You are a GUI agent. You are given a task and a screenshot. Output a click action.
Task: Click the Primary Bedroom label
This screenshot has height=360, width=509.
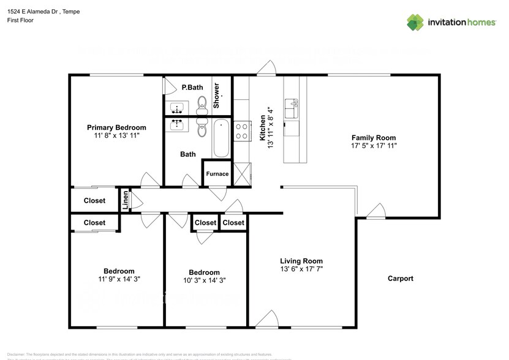[116, 127]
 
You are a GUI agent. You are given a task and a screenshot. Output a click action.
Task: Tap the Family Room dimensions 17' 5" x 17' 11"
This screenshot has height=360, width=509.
[373, 146]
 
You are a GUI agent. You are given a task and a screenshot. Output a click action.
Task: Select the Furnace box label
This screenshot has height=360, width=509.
[217, 174]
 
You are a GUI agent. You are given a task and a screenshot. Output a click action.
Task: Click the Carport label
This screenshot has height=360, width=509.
[401, 279]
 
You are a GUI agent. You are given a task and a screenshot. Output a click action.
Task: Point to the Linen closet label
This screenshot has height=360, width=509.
[126, 201]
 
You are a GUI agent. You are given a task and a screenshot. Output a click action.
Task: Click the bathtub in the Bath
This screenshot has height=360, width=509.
[221, 138]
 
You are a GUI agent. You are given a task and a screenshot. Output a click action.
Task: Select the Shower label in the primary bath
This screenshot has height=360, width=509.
[217, 96]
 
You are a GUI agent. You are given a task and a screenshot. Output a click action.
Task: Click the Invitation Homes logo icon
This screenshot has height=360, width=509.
[416, 22]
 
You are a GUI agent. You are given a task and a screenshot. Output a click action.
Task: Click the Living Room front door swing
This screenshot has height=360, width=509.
[267, 318]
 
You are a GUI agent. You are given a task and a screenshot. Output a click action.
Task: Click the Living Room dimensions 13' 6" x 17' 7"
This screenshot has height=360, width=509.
[301, 269]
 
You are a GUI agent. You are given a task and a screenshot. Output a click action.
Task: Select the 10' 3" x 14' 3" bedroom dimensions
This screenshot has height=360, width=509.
[204, 280]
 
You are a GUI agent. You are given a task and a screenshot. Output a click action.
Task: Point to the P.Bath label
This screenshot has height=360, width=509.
[192, 88]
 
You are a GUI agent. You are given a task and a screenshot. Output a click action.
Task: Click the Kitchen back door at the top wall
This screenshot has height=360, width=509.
[266, 69]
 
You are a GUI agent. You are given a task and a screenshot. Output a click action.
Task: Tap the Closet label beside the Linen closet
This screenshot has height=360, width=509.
[94, 201]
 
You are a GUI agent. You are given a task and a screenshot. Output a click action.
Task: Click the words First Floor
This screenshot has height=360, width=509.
[21, 20]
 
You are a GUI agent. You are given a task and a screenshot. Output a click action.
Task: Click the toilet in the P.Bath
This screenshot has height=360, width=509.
[202, 105]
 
